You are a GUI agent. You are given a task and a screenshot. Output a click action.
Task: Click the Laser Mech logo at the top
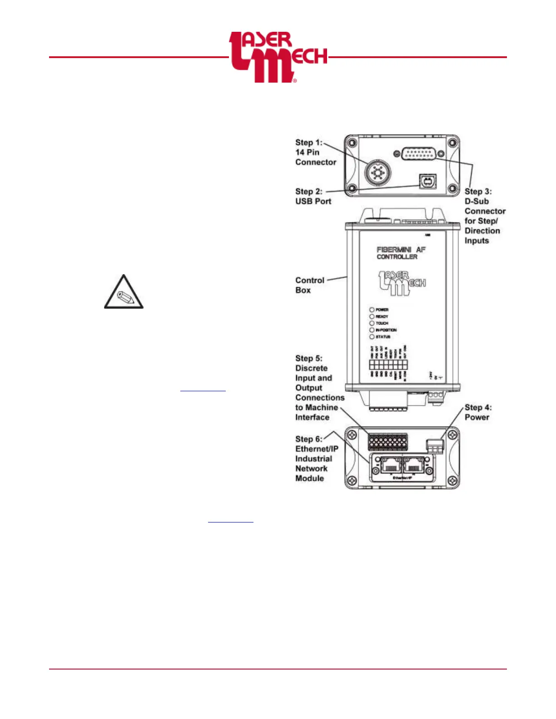pyautogui.click(x=278, y=57)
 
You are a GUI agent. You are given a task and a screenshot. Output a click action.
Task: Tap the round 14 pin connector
pyautogui.click(x=377, y=172)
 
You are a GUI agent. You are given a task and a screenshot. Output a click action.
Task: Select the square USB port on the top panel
pyautogui.click(x=427, y=182)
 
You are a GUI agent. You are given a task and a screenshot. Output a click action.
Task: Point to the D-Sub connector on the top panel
pyautogui.click(x=417, y=154)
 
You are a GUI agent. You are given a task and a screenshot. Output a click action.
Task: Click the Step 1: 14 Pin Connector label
pyautogui.click(x=315, y=153)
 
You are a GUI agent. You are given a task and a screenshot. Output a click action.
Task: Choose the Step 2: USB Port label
pyautogui.click(x=313, y=196)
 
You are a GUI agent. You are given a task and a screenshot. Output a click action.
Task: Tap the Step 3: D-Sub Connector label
pyautogui.click(x=484, y=216)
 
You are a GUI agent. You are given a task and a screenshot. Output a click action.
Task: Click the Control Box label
pyautogui.click(x=309, y=285)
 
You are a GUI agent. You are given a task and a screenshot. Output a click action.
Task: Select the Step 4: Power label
pyautogui.click(x=477, y=412)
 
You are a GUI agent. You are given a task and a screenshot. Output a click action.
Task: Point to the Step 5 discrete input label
pyautogui.click(x=319, y=388)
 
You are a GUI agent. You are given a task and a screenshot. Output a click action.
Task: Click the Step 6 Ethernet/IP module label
pyautogui.click(x=316, y=458)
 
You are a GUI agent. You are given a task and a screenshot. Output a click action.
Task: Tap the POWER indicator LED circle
pyautogui.click(x=372, y=310)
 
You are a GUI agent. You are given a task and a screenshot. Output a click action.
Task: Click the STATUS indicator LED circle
pyautogui.click(x=372, y=337)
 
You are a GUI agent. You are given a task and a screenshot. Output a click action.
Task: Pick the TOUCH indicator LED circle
pyautogui.click(x=372, y=323)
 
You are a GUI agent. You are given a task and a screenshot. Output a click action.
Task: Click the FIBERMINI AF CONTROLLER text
pyautogui.click(x=401, y=253)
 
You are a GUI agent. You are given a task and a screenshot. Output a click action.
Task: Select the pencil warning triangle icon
pyautogui.click(x=124, y=293)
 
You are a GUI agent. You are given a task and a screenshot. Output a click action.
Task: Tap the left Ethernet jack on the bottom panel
pyautogui.click(x=389, y=465)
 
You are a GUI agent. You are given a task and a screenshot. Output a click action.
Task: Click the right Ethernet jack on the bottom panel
pyautogui.click(x=414, y=465)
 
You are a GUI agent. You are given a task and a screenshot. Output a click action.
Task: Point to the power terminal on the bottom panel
pyautogui.click(x=435, y=447)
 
